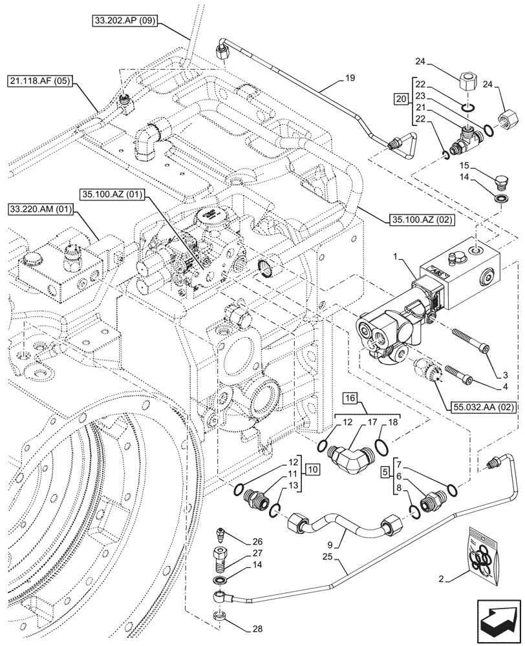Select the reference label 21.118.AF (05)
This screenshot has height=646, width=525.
pos(41,81)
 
